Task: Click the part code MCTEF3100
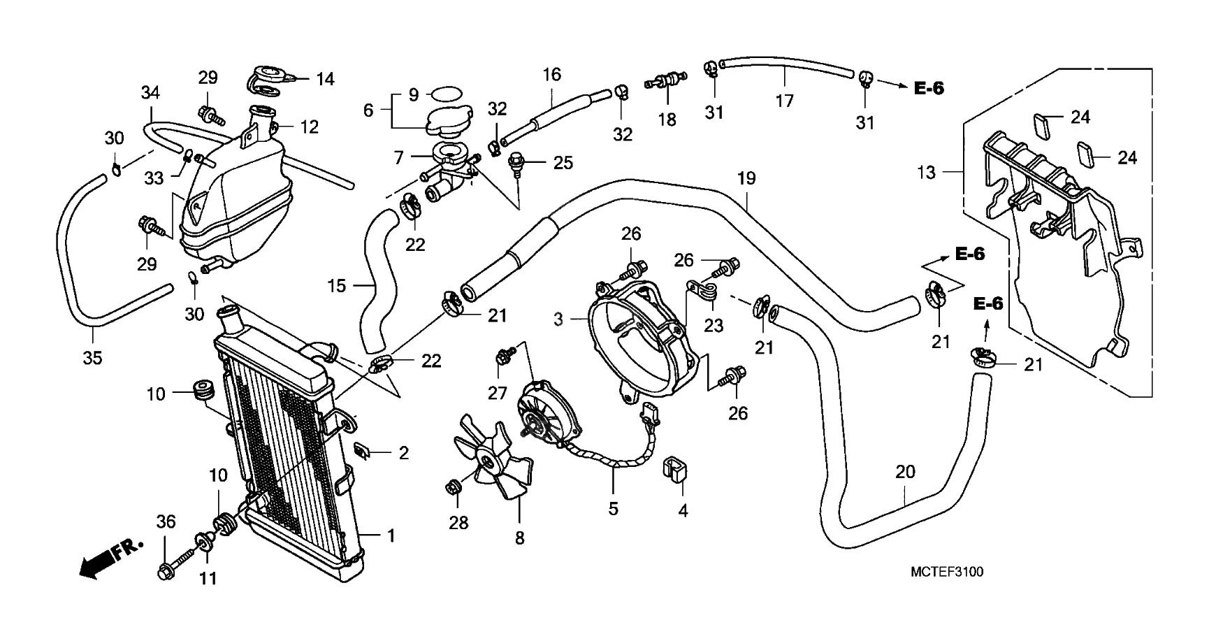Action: [946, 572]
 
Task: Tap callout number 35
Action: [92, 358]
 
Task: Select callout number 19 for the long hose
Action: [746, 178]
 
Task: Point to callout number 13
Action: [926, 172]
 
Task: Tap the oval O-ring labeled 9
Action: [447, 94]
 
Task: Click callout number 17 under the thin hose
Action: [785, 101]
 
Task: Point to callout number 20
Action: [905, 472]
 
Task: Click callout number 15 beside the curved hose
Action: [337, 285]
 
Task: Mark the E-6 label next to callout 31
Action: [929, 88]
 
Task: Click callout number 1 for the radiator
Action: [391, 535]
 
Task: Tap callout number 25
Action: [563, 163]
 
